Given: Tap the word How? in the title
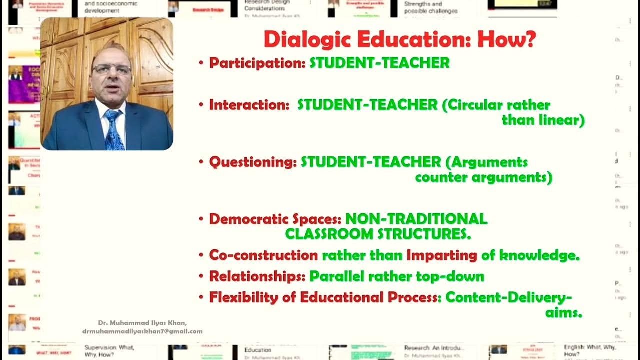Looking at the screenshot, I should click(x=507, y=39).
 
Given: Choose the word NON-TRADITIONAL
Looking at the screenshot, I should click(x=416, y=219).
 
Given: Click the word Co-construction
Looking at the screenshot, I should click(x=263, y=255).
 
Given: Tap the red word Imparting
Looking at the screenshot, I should click(x=442, y=255).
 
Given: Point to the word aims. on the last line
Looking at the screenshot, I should click(x=563, y=313).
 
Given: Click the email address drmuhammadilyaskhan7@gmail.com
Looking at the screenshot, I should click(x=143, y=331).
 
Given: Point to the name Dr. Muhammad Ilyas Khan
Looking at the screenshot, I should click(x=142, y=323).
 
